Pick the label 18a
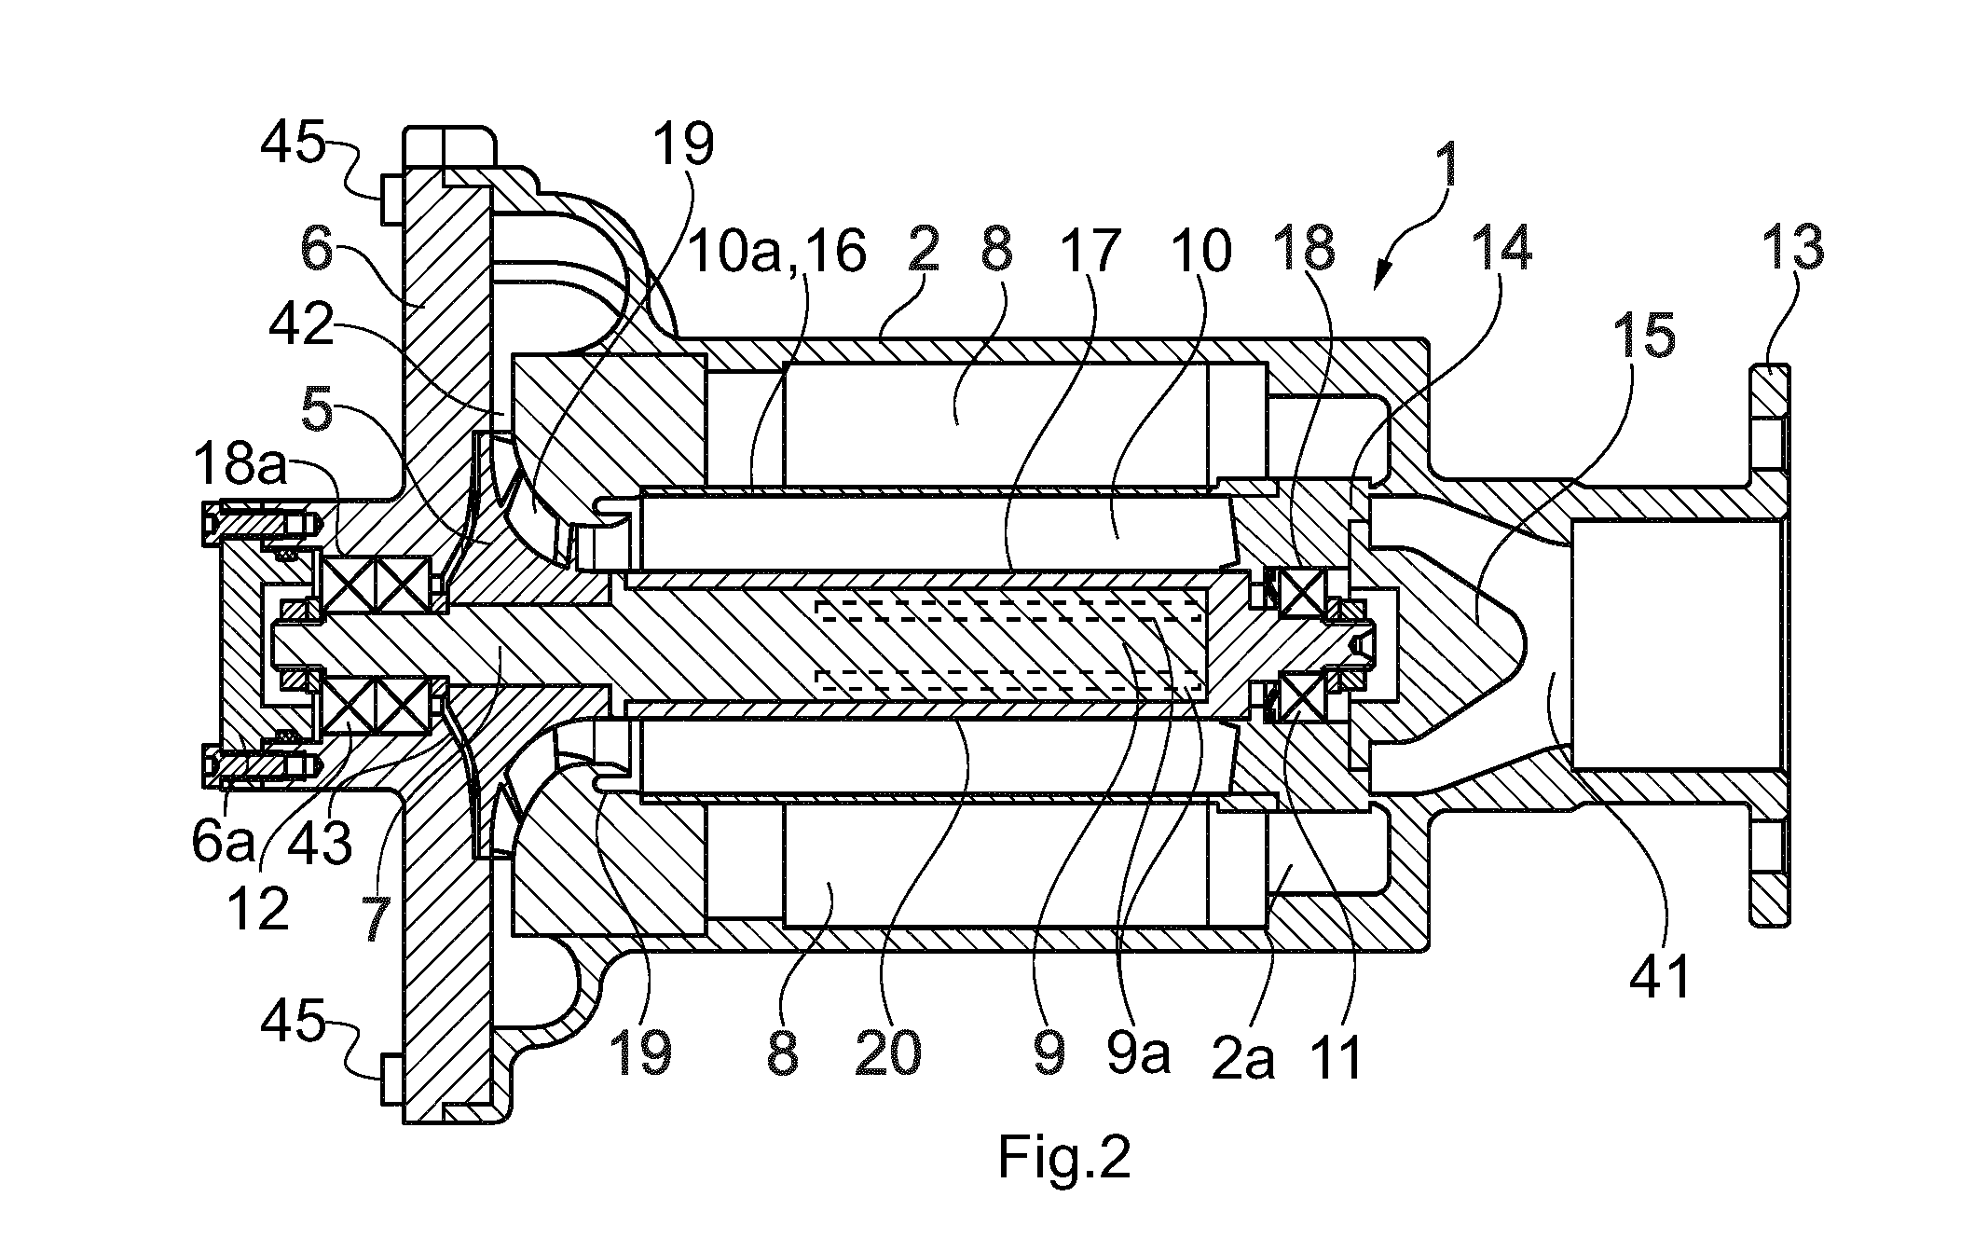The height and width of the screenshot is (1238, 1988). (240, 464)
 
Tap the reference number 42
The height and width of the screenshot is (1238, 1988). (301, 325)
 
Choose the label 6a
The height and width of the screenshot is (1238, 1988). (223, 842)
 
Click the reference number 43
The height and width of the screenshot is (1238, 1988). (320, 844)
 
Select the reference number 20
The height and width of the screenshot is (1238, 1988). (888, 1052)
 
